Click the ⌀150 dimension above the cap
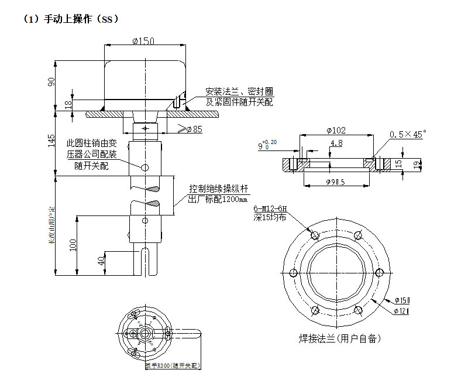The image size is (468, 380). coord(143,41)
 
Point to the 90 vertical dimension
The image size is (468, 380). coord(51,82)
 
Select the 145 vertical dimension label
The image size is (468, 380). coord(51,141)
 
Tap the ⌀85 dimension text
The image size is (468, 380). coord(192,129)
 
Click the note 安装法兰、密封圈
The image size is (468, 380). coord(239,92)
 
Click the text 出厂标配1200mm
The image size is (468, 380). coord(218,199)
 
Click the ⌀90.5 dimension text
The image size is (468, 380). coord(335,183)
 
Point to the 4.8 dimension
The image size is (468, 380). coord(336,143)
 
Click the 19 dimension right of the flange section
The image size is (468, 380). coord(416,165)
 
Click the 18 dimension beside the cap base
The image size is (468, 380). coord(68,104)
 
